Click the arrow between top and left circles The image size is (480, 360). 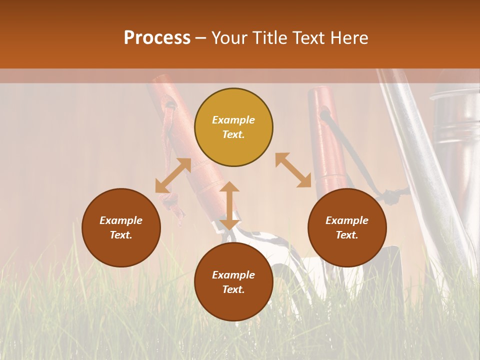pyautogui.click(x=173, y=175)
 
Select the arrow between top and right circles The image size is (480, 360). pyautogui.click(x=293, y=170)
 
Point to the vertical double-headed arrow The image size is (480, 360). pyautogui.click(x=229, y=205)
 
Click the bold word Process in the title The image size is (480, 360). pyautogui.click(x=157, y=37)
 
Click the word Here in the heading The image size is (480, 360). pyautogui.click(x=349, y=37)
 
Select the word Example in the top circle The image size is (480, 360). pyautogui.click(x=233, y=120)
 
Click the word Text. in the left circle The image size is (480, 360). pyautogui.click(x=121, y=235)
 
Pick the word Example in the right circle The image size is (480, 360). pyautogui.click(x=347, y=220)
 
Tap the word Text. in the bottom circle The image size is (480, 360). pyautogui.click(x=233, y=289)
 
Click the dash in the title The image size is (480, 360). pyautogui.click(x=201, y=38)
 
